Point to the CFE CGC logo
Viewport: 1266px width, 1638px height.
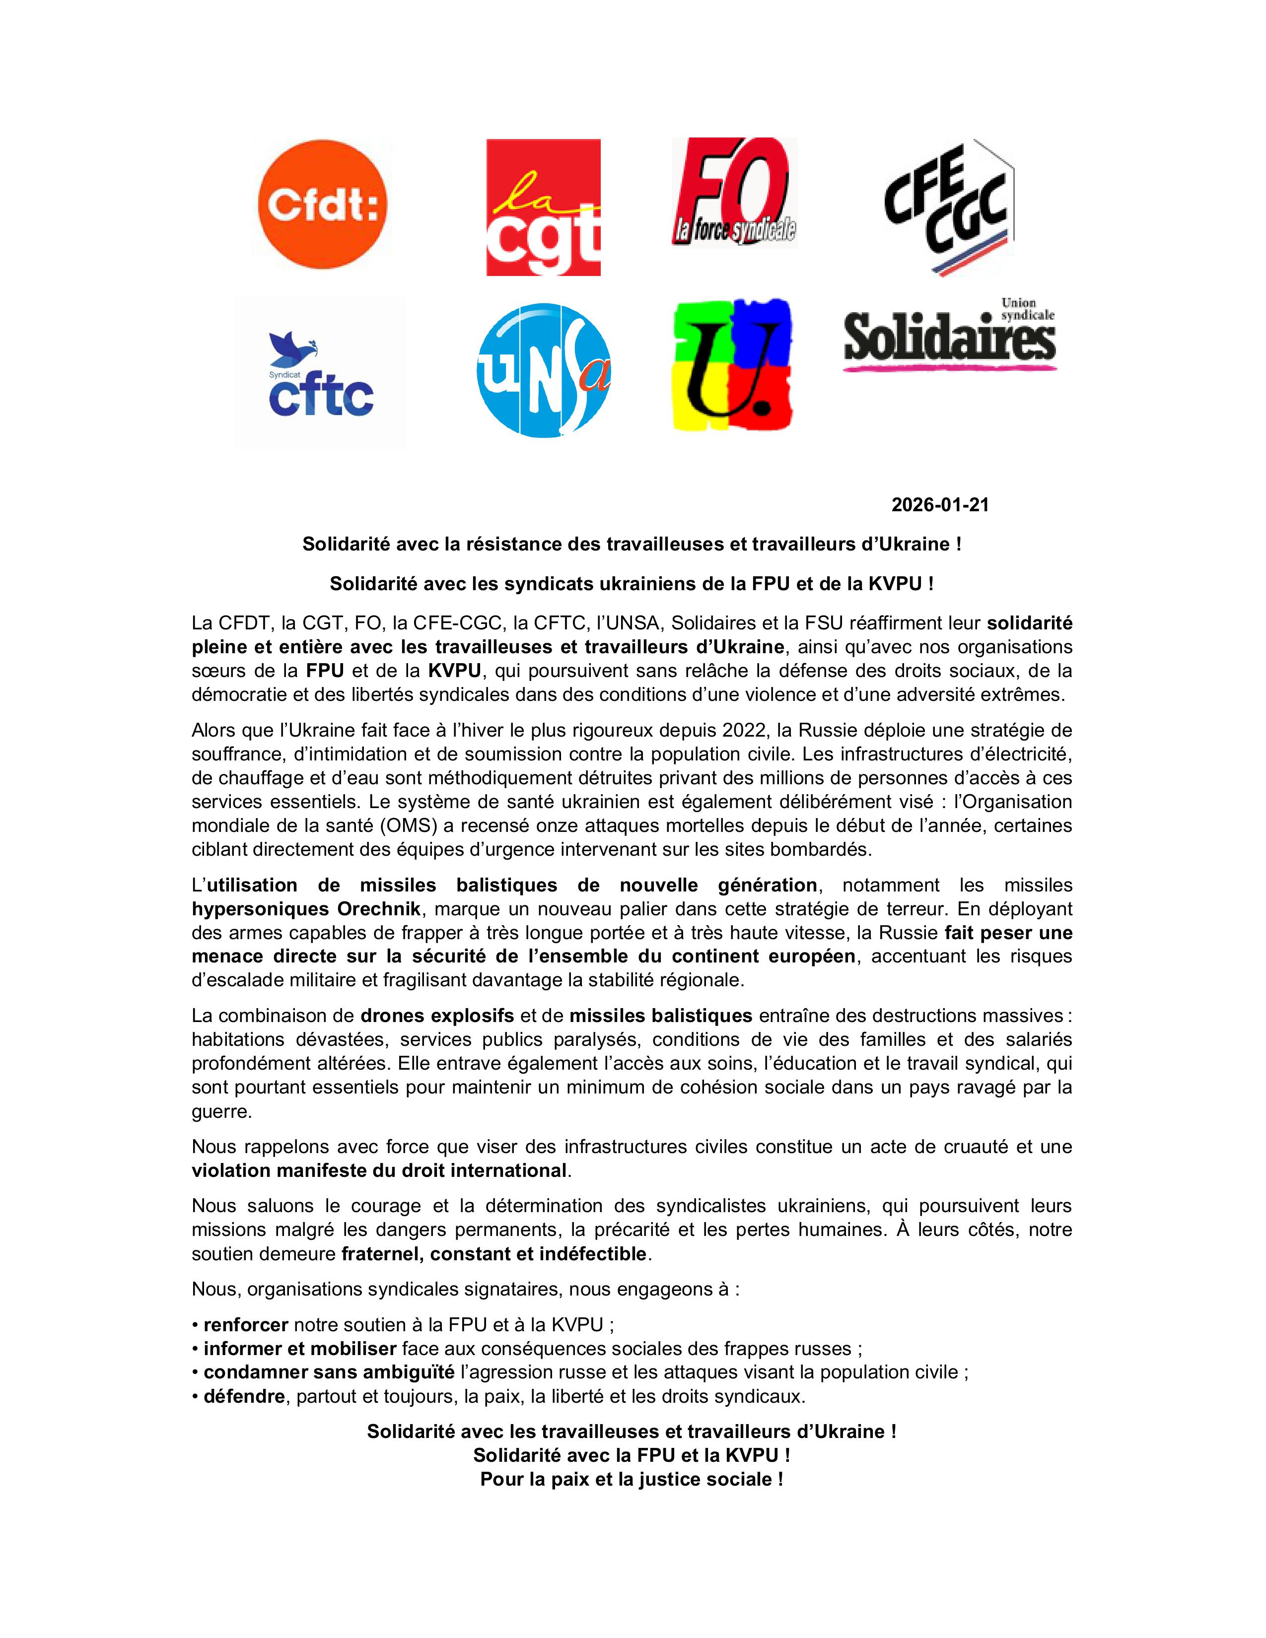coord(949,206)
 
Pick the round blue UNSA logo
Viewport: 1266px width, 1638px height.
coord(544,370)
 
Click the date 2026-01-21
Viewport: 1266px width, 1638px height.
coord(940,505)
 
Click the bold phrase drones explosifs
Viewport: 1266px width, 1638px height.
coord(437,1016)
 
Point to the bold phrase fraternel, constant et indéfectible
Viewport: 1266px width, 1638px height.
coord(493,1254)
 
